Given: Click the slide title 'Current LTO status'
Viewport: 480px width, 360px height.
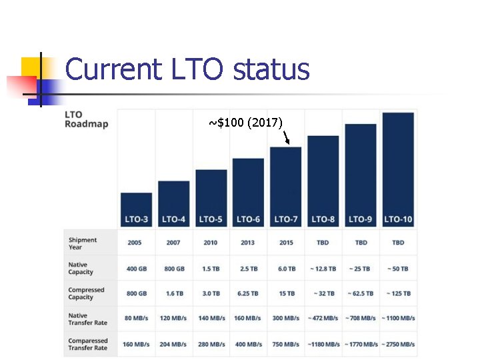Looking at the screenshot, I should [187, 69].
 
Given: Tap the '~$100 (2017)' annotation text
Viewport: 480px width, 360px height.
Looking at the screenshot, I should [245, 122].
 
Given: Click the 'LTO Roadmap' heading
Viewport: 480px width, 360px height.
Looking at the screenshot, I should [86, 119].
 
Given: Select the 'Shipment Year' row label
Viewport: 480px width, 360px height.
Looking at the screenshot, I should [83, 243].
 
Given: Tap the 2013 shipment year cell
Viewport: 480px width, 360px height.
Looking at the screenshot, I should [248, 243].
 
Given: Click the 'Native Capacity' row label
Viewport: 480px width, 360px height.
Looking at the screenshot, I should [81, 269].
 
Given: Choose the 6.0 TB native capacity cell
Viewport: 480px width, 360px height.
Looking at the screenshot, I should [287, 269].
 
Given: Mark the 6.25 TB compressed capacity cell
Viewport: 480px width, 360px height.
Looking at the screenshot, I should [248, 293].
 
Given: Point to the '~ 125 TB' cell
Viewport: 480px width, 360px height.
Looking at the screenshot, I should [399, 293].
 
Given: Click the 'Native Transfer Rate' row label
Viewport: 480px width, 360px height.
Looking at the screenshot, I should [87, 319].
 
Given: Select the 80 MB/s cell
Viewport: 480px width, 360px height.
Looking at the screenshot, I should [136, 319].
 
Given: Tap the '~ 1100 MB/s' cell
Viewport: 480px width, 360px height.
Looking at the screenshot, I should [399, 319].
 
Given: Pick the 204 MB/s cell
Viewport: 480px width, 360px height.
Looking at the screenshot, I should [173, 344].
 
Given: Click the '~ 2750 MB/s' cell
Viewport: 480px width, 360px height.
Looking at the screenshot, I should [399, 344].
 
